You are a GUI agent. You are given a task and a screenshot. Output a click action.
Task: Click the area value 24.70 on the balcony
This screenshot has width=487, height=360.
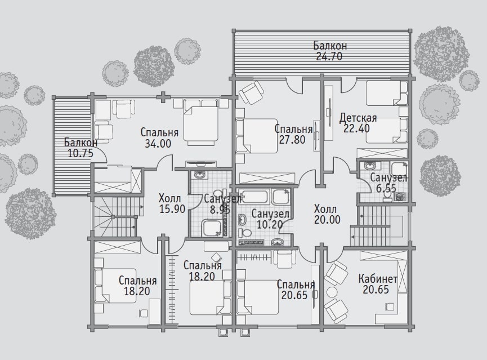329,56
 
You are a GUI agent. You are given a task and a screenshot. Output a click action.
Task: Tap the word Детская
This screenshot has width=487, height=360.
358,118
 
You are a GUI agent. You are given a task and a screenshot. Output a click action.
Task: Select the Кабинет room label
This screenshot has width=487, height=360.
378,278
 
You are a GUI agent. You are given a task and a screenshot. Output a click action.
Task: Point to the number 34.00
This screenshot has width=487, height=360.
158,143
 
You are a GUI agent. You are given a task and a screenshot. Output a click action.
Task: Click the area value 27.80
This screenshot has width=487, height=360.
292,140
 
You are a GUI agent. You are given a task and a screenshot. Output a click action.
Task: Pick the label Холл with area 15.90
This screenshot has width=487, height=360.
169,198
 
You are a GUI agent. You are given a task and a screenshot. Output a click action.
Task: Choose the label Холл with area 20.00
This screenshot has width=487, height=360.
325,208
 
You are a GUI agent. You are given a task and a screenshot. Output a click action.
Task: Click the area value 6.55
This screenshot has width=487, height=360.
386,188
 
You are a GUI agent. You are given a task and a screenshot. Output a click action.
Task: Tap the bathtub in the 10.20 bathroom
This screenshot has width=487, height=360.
255,197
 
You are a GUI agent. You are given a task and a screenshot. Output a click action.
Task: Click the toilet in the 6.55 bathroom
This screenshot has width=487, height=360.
387,195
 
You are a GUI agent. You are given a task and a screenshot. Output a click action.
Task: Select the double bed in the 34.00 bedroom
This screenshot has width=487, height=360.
200,122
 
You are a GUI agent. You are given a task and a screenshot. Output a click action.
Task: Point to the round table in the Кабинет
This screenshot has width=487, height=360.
332,292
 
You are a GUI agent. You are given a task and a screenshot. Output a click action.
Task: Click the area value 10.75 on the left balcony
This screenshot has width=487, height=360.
80,153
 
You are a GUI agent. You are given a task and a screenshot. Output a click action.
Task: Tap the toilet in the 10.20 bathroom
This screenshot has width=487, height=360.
246,232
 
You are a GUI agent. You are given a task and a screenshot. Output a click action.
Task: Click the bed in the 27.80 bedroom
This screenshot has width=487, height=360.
257,136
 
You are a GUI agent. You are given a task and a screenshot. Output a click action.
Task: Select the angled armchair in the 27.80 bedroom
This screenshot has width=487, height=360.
251,92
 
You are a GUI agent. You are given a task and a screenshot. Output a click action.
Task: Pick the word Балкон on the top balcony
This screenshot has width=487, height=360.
330,46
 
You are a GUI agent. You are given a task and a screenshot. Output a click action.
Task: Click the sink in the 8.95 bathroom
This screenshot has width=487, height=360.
199,175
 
